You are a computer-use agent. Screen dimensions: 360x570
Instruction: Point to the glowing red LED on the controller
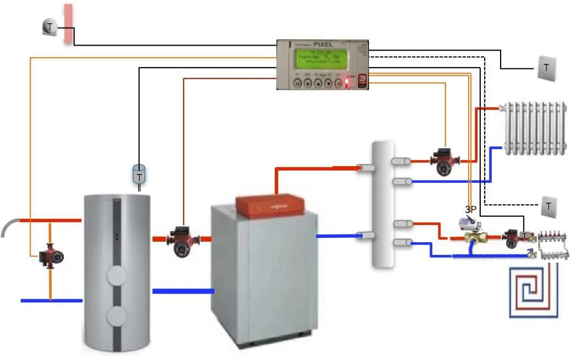click(x=347, y=84)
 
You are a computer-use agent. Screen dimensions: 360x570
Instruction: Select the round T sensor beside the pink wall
click(x=50, y=27)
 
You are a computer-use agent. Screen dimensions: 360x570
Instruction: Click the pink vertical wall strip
click(x=68, y=24)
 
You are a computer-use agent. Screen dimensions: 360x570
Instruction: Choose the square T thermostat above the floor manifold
click(x=549, y=206)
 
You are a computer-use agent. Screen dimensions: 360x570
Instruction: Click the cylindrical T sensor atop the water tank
click(x=140, y=175)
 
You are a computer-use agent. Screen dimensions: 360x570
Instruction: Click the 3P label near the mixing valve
click(x=470, y=210)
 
